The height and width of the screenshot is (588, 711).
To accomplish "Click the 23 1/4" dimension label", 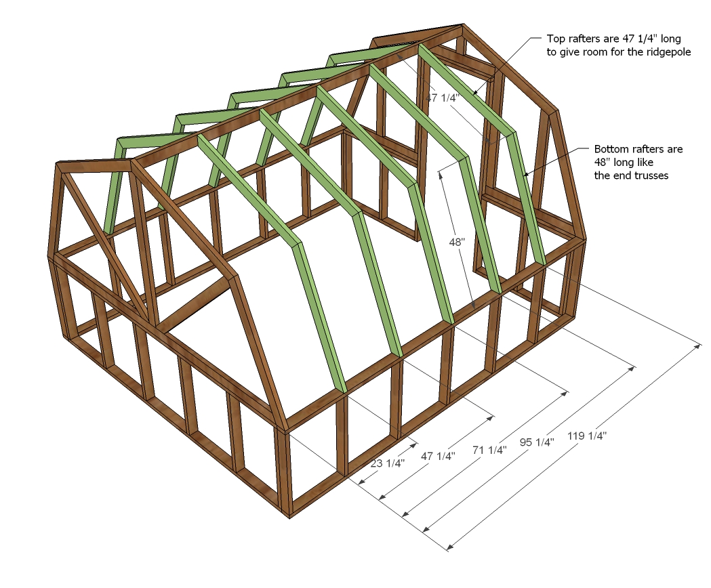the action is coord(387,463).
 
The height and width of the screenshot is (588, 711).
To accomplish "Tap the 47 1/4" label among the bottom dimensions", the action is coord(438,456).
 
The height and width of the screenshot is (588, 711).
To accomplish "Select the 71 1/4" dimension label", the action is coord(490,450).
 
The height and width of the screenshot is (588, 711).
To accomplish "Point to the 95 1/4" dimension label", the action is coord(537,442).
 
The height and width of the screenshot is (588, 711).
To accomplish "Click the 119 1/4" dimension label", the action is coord(587,436).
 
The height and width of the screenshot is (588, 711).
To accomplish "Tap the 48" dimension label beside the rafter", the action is coord(458,243).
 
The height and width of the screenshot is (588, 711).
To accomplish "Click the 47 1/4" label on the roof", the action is coord(443,97).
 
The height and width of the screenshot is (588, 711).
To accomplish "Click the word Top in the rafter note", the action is coord(556,39).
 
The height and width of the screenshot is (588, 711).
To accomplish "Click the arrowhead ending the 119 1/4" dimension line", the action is coord(698,347).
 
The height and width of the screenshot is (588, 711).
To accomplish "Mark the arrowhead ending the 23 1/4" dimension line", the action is coord(413,446).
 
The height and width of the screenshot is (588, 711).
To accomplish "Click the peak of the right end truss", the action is coord(462,24).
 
